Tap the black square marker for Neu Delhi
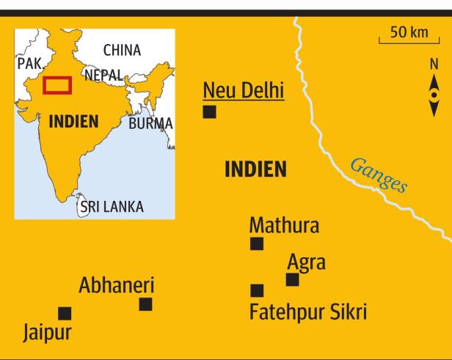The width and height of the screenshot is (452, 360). pos(210,111)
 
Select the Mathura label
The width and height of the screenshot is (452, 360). pos(284,224)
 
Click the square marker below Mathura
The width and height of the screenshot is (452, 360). pos(257,244)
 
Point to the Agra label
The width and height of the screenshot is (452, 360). pos(306,262)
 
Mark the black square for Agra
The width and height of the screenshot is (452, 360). pos(292,279)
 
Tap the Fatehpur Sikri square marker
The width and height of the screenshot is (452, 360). pos(257,290)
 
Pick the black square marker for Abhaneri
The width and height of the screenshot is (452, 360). pos(145,304)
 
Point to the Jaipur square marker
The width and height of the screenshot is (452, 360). pos(65,313)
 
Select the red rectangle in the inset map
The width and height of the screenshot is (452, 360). pos(56,84)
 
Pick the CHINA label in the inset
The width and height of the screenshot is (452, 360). pos(122,51)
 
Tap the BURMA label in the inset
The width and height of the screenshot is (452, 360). pos(150,123)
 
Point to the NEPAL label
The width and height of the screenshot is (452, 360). pos(105,75)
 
